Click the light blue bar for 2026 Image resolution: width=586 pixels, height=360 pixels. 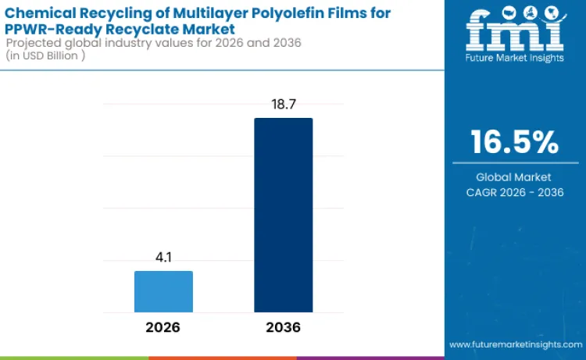(x=163, y=291)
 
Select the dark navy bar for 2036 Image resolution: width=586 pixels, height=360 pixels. (x=283, y=215)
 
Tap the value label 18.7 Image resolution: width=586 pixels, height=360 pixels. (x=283, y=104)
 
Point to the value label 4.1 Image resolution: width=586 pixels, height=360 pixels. (x=163, y=257)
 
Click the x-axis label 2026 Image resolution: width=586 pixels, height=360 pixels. (x=163, y=327)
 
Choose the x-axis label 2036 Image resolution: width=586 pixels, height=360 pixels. (x=283, y=327)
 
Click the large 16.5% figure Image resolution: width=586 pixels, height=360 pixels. (x=514, y=142)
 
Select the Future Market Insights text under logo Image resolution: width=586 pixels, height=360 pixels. (x=514, y=58)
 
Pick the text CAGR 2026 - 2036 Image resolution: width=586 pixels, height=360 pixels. (x=514, y=192)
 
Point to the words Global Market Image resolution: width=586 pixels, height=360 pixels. (x=514, y=177)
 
